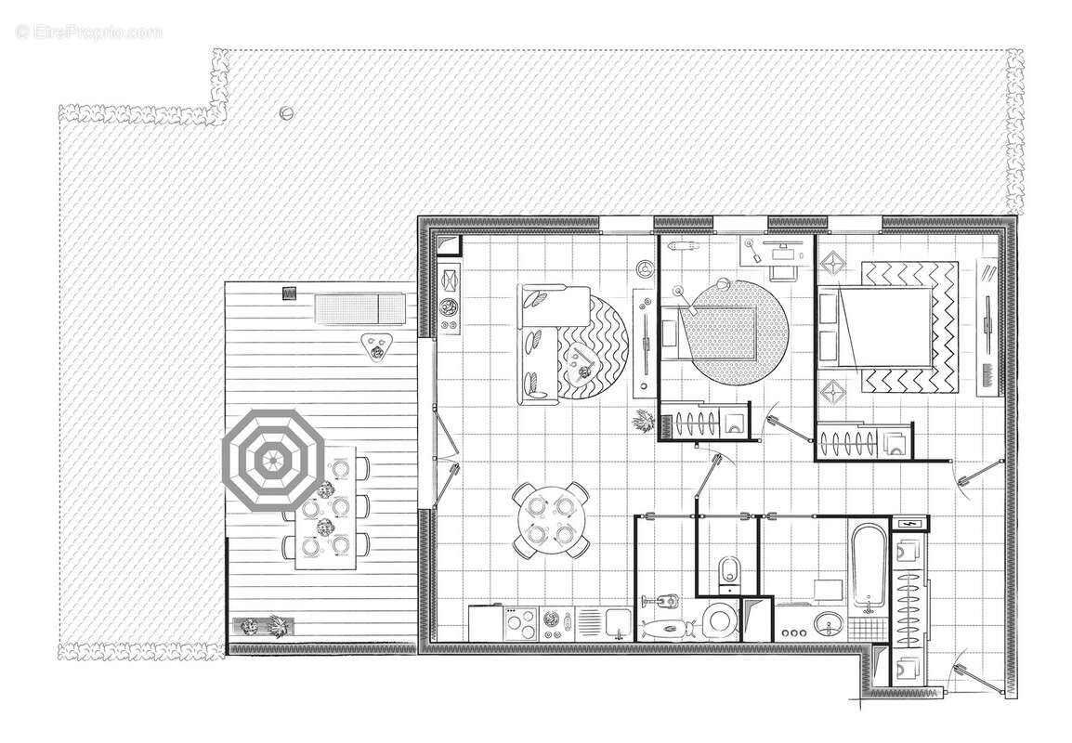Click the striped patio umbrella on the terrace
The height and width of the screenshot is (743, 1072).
click(273, 459)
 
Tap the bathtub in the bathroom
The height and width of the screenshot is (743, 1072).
click(869, 567)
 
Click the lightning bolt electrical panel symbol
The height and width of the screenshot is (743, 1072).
click(909, 524)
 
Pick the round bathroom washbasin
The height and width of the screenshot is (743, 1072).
click(830, 623)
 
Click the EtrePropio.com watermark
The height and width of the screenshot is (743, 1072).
click(89, 32)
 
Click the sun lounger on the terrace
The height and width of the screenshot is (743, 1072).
click(359, 307)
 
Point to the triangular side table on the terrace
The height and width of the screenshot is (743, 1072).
click(375, 346)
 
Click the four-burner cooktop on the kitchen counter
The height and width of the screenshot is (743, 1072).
click(522, 622)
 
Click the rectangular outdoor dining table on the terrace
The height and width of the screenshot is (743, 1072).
click(326, 507)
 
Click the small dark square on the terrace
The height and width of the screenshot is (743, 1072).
click(292, 293)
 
